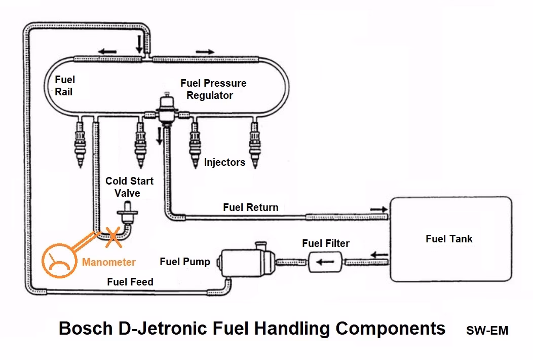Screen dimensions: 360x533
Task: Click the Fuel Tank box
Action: click(x=450, y=238)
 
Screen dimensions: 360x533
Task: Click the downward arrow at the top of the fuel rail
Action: click(x=139, y=44)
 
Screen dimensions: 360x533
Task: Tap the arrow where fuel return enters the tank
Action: click(x=377, y=208)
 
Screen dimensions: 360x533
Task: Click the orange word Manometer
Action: click(x=109, y=262)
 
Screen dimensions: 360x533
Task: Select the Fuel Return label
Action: click(x=250, y=207)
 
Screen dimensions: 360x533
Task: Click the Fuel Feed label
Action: click(x=130, y=282)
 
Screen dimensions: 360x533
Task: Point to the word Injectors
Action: click(x=224, y=163)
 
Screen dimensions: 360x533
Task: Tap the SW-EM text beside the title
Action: click(x=487, y=331)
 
